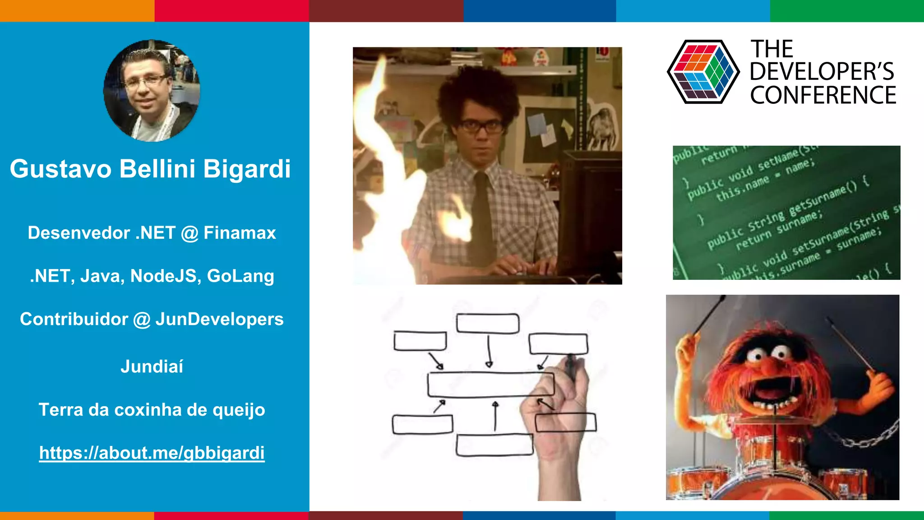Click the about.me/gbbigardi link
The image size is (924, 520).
152,453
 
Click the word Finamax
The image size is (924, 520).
240,233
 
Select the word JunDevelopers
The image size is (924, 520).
219,319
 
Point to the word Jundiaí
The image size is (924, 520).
152,367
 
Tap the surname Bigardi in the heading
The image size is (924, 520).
247,169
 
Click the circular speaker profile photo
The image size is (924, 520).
152,91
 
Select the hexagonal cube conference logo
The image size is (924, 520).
703,72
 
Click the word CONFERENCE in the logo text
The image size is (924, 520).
823,95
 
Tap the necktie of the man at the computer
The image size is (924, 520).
481,217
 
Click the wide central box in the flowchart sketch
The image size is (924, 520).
490,385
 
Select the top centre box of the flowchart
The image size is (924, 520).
488,323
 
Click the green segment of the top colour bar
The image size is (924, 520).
847,11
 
